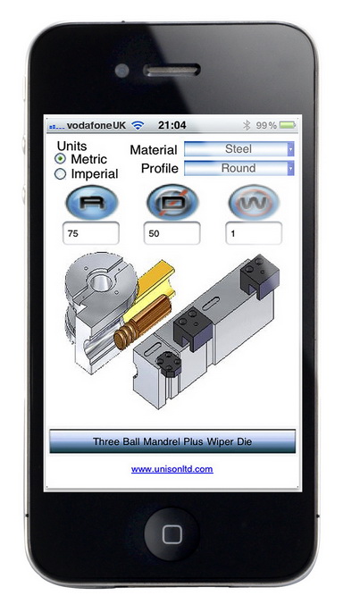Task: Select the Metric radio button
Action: click(60, 158)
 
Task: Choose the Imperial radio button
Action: click(60, 174)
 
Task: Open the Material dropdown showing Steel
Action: click(239, 148)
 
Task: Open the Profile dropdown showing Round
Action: click(239, 168)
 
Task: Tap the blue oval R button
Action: click(92, 203)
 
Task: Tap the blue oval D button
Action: click(173, 203)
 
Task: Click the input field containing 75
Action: click(91, 233)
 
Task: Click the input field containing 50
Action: click(172, 233)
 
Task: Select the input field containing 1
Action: click(254, 233)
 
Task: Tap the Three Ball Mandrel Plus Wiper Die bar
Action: click(172, 441)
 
